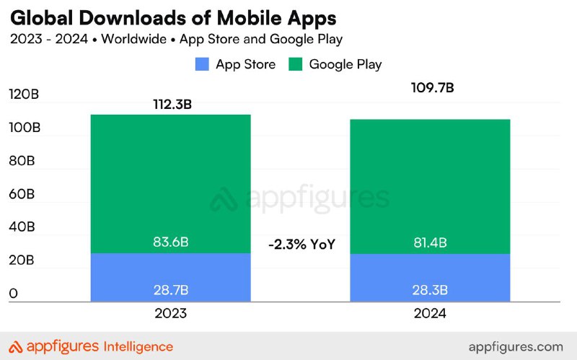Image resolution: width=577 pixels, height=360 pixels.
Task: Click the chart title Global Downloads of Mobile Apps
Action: tap(173, 19)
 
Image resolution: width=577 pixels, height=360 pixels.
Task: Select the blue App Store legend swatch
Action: tap(202, 64)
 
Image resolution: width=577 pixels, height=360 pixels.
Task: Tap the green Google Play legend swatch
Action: tap(296, 64)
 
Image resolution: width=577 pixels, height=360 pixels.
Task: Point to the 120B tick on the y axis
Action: tap(24, 95)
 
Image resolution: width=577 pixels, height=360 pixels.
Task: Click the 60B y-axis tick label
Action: tap(22, 194)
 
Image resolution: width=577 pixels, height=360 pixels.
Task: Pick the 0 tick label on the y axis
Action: tap(13, 294)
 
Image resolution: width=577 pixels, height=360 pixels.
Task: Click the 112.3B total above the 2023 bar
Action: tap(172, 105)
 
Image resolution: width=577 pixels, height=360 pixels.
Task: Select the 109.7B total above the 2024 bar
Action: tap(432, 88)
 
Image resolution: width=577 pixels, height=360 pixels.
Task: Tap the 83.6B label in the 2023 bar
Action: tap(171, 242)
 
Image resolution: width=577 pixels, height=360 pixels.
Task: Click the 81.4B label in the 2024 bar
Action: tap(430, 243)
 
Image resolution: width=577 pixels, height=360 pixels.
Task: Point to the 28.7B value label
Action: tap(171, 290)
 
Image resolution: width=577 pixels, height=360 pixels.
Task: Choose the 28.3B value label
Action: tap(430, 290)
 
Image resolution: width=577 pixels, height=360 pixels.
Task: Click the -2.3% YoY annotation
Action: tap(302, 245)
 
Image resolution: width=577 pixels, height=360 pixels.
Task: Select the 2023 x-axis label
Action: tap(171, 314)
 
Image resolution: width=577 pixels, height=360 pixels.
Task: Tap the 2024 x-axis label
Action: tap(430, 314)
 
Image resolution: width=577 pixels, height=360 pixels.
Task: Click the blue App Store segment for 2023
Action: tap(171, 278)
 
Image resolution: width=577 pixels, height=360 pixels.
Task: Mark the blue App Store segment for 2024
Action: tap(430, 278)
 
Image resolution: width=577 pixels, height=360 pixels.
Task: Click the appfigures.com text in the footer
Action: tap(516, 347)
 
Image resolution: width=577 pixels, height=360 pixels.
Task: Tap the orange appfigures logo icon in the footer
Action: tap(16, 347)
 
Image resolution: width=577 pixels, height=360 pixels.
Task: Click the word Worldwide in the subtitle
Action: tap(134, 39)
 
